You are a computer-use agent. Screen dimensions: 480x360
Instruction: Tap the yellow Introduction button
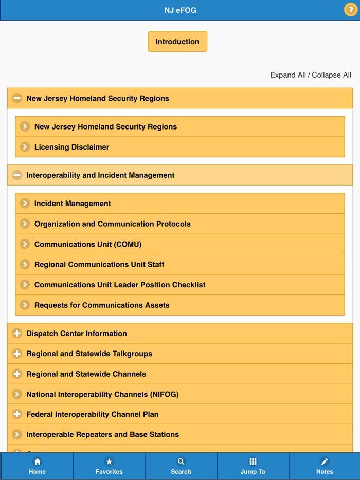177,42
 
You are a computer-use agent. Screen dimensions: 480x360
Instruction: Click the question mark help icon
350,10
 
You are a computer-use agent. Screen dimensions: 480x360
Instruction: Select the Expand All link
288,75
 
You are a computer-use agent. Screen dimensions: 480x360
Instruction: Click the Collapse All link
332,75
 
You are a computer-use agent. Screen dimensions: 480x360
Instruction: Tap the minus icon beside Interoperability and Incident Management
17,175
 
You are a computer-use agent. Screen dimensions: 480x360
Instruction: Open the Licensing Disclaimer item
72,147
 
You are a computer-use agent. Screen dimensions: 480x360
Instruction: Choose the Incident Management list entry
73,204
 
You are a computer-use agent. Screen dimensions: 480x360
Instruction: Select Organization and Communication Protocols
113,224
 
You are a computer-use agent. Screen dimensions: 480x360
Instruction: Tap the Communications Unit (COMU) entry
88,244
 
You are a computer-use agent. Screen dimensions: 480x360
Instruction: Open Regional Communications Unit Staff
99,265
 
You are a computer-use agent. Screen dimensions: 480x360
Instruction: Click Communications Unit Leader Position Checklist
120,285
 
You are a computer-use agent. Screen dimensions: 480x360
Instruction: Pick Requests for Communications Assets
102,305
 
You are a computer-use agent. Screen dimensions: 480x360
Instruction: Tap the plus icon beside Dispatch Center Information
17,334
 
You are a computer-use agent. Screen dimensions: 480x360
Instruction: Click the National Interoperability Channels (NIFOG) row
102,394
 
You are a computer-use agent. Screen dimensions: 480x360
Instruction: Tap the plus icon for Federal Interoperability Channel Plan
17,414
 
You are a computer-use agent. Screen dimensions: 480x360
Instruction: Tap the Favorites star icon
109,461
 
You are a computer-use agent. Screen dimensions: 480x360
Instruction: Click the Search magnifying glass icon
181,461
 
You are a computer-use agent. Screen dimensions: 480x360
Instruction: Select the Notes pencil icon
325,461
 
